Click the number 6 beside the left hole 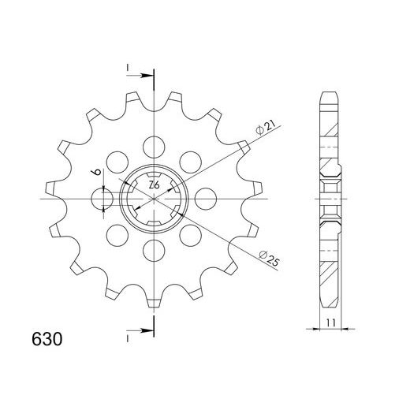click(93, 175)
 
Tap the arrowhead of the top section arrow click(150, 77)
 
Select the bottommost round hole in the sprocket click(153, 251)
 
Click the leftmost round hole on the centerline click(102, 198)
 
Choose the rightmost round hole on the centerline click(205, 198)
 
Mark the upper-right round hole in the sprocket click(189, 162)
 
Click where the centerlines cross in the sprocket click(153, 198)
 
